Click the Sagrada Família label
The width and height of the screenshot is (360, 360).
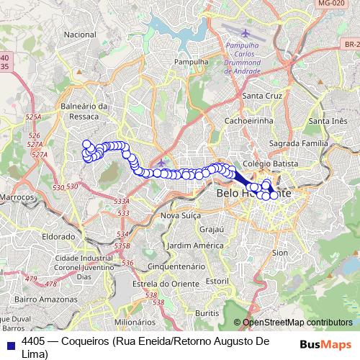pos(309,144)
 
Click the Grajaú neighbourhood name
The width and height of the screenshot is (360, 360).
pos(212,230)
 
